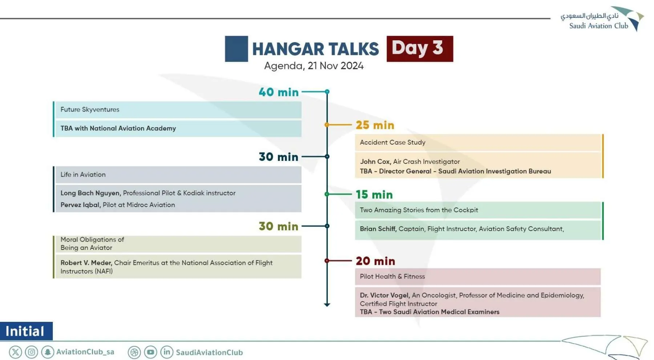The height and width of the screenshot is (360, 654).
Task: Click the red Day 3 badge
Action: pos(420,49)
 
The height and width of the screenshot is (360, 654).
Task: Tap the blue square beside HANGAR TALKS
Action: pos(236,49)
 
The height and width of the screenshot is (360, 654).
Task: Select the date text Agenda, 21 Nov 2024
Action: pos(314,66)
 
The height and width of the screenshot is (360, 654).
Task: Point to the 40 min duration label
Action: pos(279,92)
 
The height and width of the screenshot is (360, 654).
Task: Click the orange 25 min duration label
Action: pos(375,125)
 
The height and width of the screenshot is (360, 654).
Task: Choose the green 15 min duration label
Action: pos(374,194)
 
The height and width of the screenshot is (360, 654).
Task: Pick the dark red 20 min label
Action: pos(375,261)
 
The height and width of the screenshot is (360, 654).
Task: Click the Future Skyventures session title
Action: pos(90,109)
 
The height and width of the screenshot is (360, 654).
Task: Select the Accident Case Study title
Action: pos(392,142)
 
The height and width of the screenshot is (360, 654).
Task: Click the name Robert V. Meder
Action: pos(86,263)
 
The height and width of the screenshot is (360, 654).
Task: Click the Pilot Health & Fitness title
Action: pos(392,276)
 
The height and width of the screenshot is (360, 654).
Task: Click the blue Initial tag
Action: pos(26,331)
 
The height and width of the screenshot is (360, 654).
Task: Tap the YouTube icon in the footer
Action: pos(150,352)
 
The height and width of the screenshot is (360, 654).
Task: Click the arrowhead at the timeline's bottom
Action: pos(327,304)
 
